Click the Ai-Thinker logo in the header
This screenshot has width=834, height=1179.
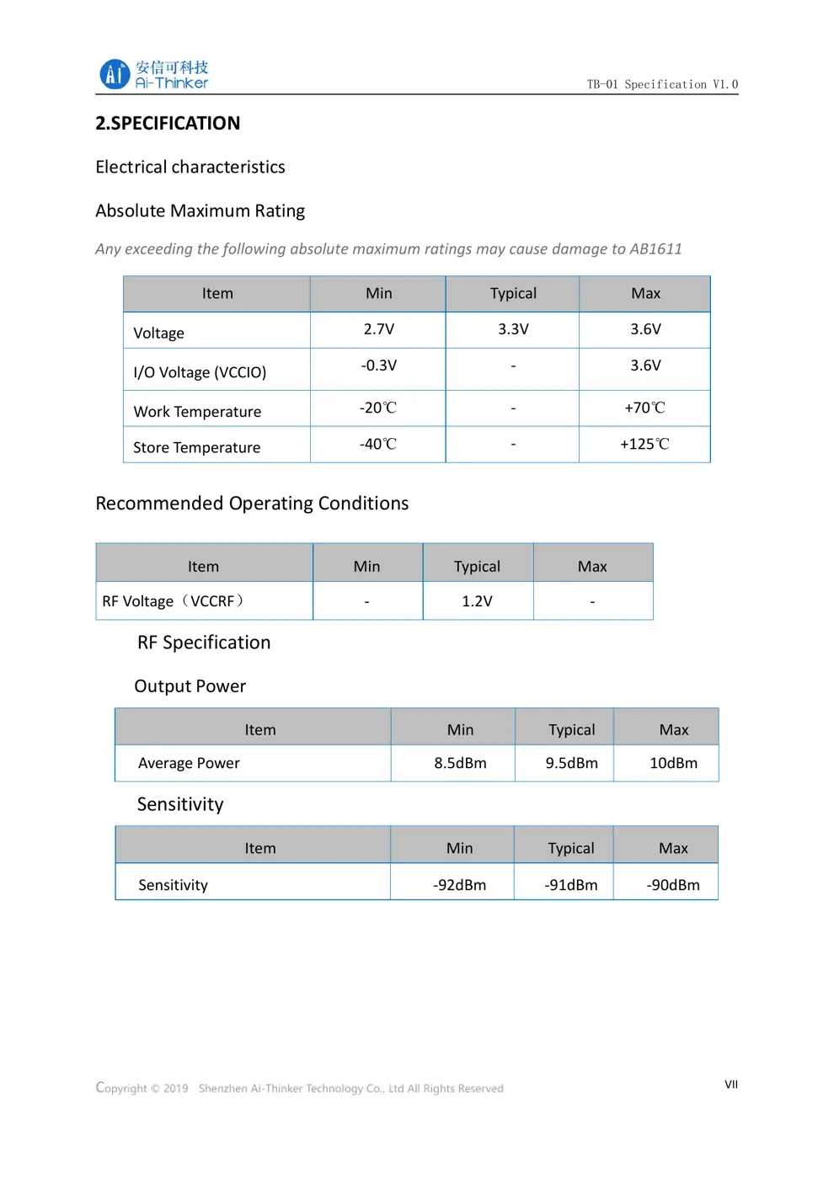tap(154, 74)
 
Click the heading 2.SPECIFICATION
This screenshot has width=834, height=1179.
tap(168, 124)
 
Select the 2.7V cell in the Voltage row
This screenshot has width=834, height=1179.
tap(378, 329)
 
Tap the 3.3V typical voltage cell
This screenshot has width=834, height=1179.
tap(513, 329)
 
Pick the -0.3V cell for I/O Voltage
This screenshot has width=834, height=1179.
tap(378, 365)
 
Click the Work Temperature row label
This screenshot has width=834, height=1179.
tap(197, 412)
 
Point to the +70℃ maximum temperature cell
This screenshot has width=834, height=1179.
tap(644, 408)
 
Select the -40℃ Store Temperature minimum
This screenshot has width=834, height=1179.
tap(378, 444)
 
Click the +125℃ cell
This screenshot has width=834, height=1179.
tap(644, 444)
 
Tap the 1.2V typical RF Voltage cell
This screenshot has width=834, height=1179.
tap(477, 601)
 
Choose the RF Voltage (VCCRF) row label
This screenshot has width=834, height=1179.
tap(174, 601)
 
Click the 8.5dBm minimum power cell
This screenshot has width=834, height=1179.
tap(460, 763)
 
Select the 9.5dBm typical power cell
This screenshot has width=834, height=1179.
tap(571, 763)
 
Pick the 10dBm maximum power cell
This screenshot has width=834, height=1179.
tap(673, 763)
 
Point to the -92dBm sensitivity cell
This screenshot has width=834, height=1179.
tap(459, 885)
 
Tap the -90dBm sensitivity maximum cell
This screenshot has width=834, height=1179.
tap(673, 885)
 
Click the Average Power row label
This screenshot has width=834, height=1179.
tap(189, 763)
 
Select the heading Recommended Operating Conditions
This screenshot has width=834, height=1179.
tap(252, 504)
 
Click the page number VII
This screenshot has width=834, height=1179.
tap(731, 1085)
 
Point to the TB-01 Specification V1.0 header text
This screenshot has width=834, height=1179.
tap(662, 84)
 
